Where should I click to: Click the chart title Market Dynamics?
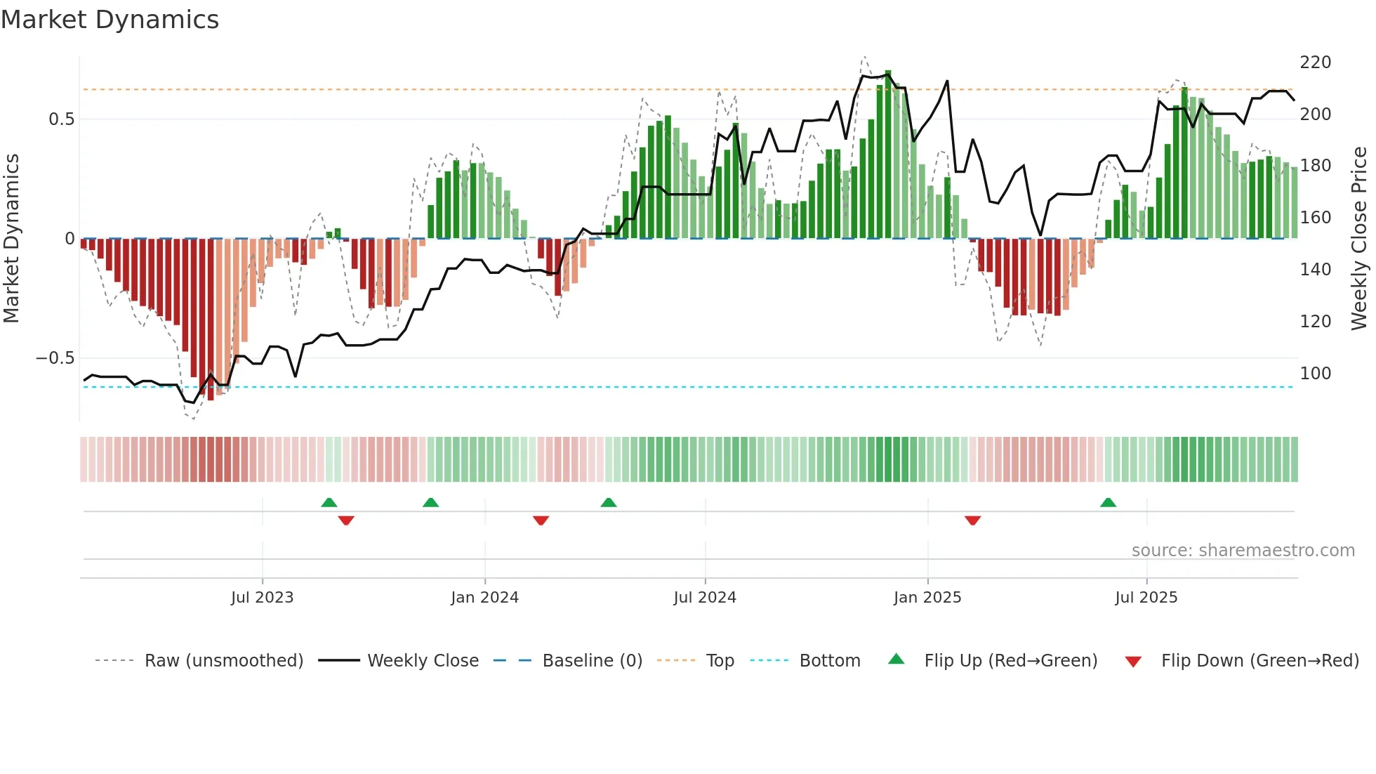coord(110,20)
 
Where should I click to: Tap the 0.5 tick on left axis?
coord(61,119)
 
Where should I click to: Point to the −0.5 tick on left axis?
coord(55,358)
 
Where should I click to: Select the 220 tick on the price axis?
coord(1315,63)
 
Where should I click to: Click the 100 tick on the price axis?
coord(1315,374)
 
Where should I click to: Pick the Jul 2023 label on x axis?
coord(262,598)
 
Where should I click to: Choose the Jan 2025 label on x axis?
coord(927,598)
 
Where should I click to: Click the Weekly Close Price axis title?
coord(1359,239)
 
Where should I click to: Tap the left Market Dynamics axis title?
coord(11,239)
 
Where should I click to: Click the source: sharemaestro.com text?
coord(1243,551)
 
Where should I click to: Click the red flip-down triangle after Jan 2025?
coord(972,520)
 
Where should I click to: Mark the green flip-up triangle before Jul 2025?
coord(1108,502)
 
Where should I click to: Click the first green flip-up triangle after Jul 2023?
coord(329,502)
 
